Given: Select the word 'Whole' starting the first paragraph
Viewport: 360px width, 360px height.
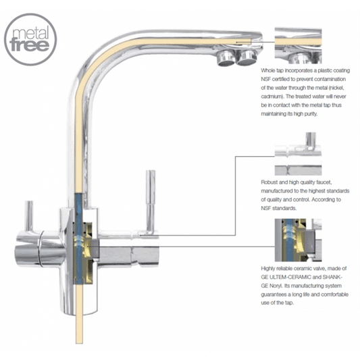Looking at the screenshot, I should pos(269,70).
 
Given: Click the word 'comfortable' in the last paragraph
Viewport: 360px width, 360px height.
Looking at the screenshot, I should pos(329,294).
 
